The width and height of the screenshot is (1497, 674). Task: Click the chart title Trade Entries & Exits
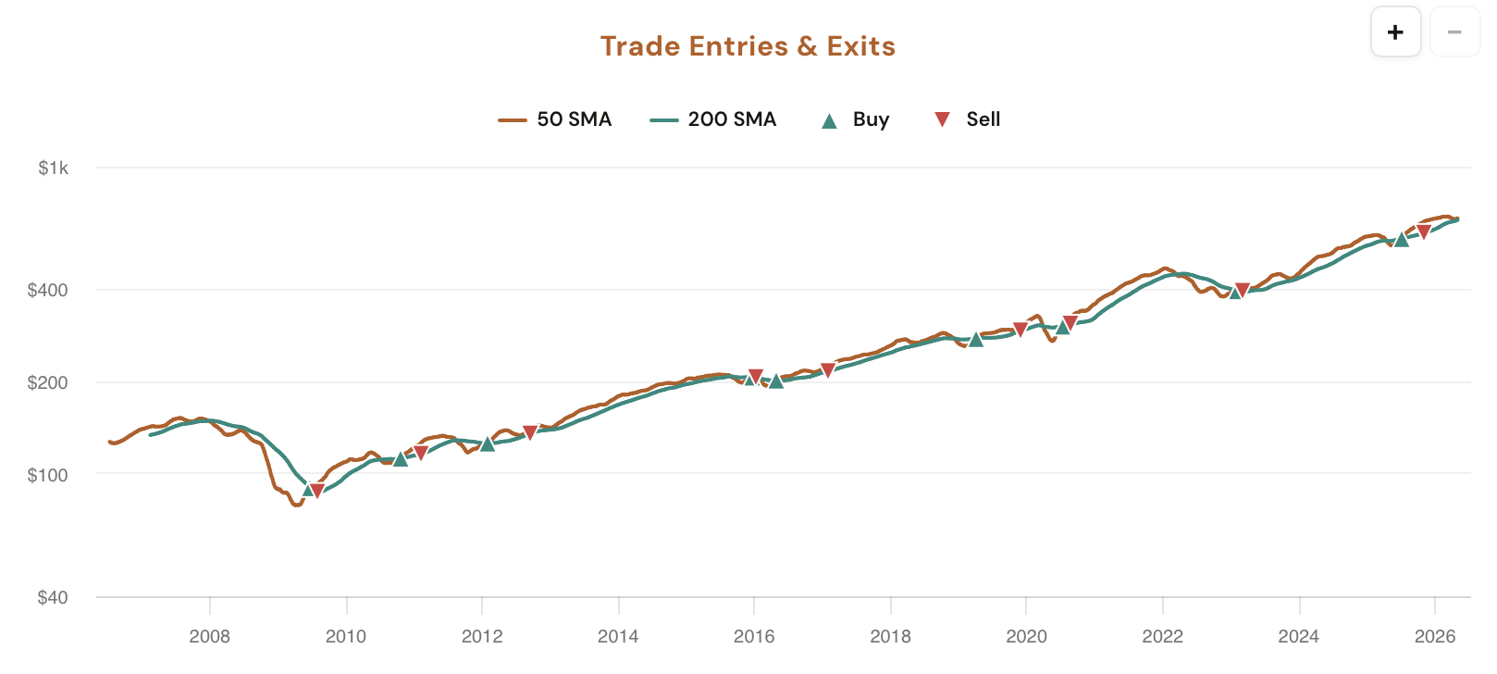pos(748,46)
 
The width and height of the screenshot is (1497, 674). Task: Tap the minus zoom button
pos(1454,32)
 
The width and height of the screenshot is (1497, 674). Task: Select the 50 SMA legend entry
pos(555,119)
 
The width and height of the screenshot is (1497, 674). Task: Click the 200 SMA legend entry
pos(713,119)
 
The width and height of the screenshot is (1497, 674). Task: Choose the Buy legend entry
pos(855,119)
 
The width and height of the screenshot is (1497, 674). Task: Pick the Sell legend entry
pos(967,119)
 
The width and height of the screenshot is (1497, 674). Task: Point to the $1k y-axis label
pos(54,168)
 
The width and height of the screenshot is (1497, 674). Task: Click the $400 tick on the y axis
pos(48,290)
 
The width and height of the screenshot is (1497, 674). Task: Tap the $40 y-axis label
pos(53,597)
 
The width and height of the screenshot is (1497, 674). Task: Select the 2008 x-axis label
pos(210,636)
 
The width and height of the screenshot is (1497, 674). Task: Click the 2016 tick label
pos(754,636)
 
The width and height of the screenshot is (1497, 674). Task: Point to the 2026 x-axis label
pos(1435,636)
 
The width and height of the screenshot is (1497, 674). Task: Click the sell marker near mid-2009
pos(317,491)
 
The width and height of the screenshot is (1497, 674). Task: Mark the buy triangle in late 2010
pos(400,458)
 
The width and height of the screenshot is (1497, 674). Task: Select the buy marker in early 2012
pos(488,443)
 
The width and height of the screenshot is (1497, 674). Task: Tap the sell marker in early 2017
pos(828,370)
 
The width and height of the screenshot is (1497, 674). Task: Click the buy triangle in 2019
pos(975,339)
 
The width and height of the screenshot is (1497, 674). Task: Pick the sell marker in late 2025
pos(1424,232)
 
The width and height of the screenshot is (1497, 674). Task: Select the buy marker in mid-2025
pos(1402,239)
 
